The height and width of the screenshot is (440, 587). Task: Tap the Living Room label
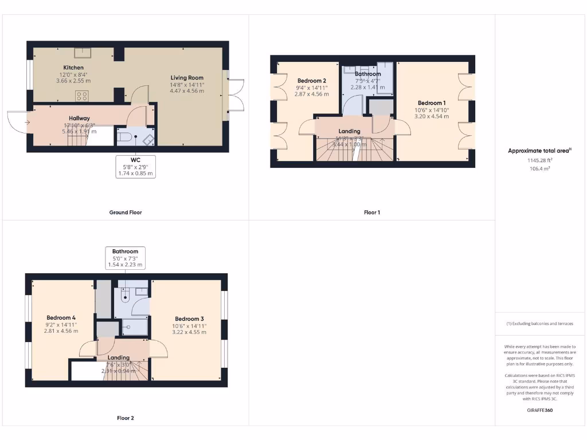187,78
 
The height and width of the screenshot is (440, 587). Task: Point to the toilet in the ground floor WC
124,136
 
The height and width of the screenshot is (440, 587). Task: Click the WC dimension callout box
135,166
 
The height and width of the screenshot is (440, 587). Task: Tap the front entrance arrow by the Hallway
26,122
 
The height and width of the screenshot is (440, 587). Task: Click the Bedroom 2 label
312,81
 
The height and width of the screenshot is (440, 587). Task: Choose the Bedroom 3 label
189,319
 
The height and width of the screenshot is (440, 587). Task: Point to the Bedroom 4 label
61,317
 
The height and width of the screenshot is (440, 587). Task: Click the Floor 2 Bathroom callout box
125,258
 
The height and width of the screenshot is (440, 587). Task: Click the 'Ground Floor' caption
126,213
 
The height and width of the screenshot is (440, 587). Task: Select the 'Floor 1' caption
371,213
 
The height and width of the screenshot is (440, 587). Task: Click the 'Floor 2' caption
125,418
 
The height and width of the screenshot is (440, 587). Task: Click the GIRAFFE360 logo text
541,410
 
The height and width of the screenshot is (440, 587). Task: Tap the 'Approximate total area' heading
539,151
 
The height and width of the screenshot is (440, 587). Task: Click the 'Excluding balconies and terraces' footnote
539,324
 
